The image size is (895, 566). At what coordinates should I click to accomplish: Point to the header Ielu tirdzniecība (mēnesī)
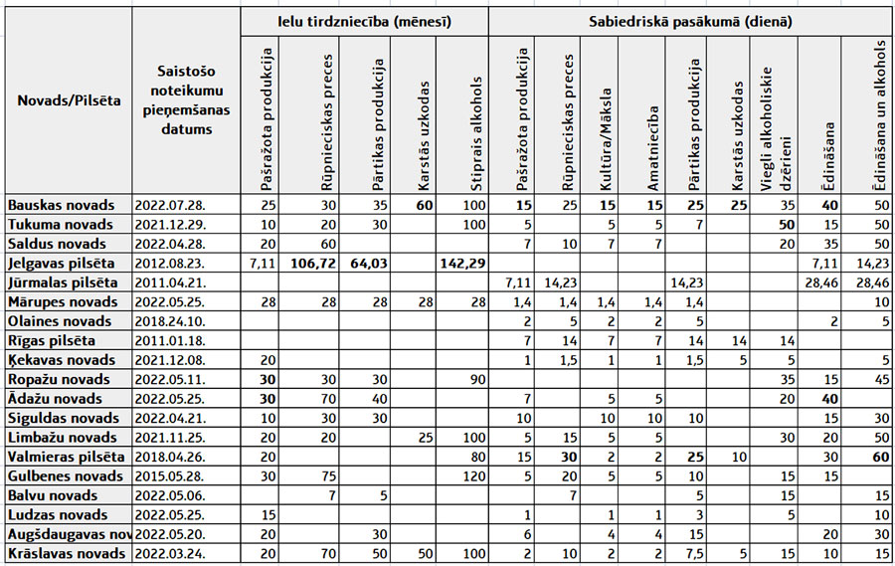[364, 20]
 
